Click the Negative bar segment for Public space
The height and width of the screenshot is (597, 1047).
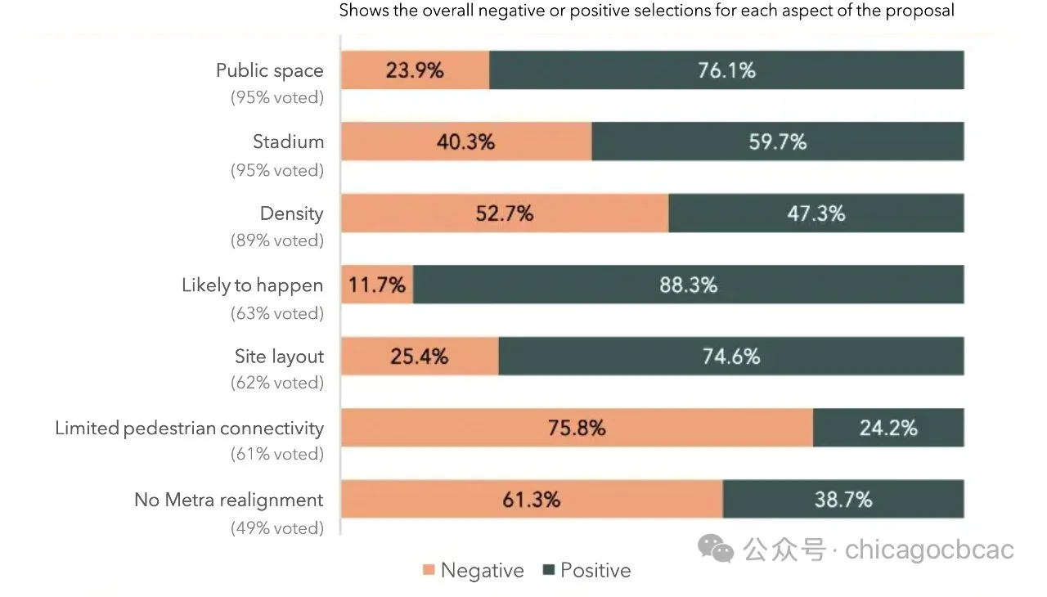(x=415, y=70)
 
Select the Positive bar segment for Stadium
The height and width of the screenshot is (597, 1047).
(x=777, y=141)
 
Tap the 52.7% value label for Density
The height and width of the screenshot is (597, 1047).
(x=504, y=213)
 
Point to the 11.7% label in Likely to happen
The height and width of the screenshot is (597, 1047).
(x=377, y=285)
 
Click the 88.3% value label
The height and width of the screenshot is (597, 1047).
(x=688, y=285)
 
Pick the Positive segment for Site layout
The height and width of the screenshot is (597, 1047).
(x=730, y=357)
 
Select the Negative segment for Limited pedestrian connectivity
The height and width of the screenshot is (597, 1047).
(x=577, y=428)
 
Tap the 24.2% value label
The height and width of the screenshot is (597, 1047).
(x=887, y=428)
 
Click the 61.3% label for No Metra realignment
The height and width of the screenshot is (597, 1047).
(x=532, y=499)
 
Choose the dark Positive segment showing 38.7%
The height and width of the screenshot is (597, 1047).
(x=843, y=499)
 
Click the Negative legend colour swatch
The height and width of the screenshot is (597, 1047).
(x=429, y=571)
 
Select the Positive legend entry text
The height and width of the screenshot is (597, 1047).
(x=595, y=571)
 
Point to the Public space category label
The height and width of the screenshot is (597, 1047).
(x=269, y=70)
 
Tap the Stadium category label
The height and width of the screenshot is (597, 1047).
(x=288, y=141)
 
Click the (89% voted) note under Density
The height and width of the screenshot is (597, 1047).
(x=276, y=240)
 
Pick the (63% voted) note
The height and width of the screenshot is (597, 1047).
(x=276, y=313)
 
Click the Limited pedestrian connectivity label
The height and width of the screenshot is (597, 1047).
(x=189, y=428)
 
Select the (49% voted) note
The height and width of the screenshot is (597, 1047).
(x=276, y=527)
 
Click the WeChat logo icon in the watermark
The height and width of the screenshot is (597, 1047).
(x=716, y=549)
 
